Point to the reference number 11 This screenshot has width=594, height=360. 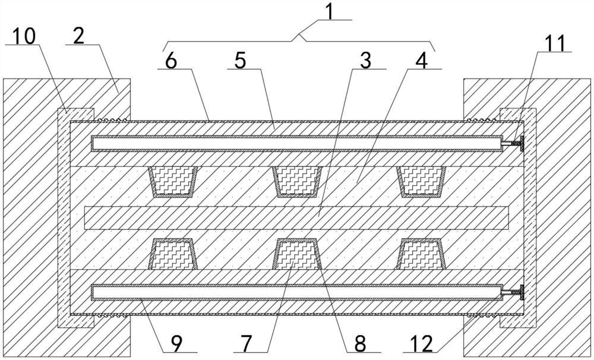click(555, 44)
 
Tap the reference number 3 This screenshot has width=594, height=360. click(366, 61)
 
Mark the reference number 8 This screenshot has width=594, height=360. click(361, 343)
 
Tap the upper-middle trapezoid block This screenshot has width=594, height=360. click(297, 181)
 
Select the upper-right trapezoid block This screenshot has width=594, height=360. click(422, 181)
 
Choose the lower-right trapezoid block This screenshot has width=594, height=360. click(422, 254)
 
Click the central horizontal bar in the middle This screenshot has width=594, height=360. click(297, 217)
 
